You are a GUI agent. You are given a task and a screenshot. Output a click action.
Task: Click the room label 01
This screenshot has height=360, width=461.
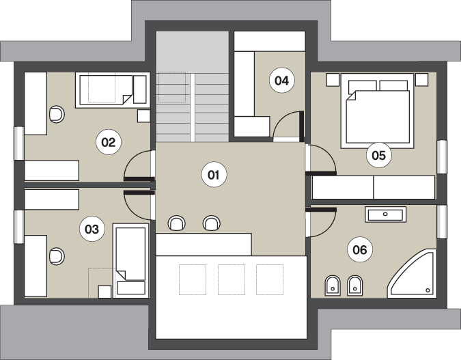(214, 175)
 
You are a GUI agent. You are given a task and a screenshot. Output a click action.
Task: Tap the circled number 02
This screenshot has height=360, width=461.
(108, 142)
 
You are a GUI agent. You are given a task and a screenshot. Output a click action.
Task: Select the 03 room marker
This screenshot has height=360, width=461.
(92, 229)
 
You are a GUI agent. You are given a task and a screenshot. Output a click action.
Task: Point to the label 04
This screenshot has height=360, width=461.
(281, 81)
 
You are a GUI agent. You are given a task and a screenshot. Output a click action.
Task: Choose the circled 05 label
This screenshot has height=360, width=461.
(378, 155)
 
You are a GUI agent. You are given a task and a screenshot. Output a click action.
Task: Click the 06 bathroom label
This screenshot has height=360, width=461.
(360, 250)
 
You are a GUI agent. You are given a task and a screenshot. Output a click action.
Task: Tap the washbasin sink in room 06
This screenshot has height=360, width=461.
(385, 214)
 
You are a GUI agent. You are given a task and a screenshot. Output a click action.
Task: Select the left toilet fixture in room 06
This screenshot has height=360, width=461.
(333, 286)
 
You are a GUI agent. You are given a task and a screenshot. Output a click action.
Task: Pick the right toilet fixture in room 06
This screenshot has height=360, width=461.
(355, 286)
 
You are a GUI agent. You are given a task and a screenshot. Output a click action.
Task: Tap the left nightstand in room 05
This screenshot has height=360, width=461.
(332, 79)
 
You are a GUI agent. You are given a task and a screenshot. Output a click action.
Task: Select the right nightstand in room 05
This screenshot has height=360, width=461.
(421, 79)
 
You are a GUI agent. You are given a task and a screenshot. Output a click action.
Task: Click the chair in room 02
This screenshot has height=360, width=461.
(57, 114)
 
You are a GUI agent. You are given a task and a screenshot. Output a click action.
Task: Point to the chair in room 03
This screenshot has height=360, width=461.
(57, 256)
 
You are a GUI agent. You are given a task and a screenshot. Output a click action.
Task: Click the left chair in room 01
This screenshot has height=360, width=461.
(176, 223)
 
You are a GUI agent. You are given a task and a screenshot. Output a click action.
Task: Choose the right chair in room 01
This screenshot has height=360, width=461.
(212, 223)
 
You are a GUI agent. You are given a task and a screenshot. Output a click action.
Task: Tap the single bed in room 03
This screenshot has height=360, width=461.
(131, 261)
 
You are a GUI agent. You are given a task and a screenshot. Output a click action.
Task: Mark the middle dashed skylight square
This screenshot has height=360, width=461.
(232, 279)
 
